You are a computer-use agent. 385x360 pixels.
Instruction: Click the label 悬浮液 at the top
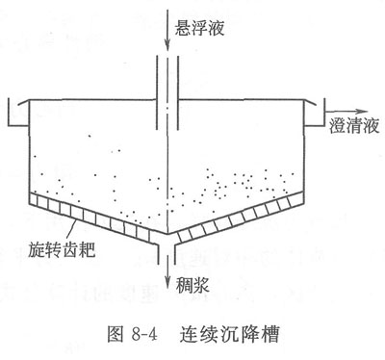point(199,28)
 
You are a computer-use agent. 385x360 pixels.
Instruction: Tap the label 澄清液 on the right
point(354,125)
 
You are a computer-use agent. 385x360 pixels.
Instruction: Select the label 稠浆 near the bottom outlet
point(192,284)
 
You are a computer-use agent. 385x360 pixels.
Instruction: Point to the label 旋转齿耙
point(62,249)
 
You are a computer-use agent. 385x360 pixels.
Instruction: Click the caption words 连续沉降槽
point(229,334)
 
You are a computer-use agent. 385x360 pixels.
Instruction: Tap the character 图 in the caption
point(115,334)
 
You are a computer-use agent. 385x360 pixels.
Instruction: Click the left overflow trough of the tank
point(17,113)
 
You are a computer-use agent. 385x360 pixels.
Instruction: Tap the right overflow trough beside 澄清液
point(315,113)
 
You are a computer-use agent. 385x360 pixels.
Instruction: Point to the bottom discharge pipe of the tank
point(167,253)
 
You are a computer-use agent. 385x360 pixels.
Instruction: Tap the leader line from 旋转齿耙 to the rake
point(71,230)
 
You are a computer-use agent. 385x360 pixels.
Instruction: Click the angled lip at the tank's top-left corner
point(24,101)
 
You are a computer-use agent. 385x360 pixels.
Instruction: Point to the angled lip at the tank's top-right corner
point(310,101)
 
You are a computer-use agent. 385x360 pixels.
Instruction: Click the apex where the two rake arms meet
point(167,234)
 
